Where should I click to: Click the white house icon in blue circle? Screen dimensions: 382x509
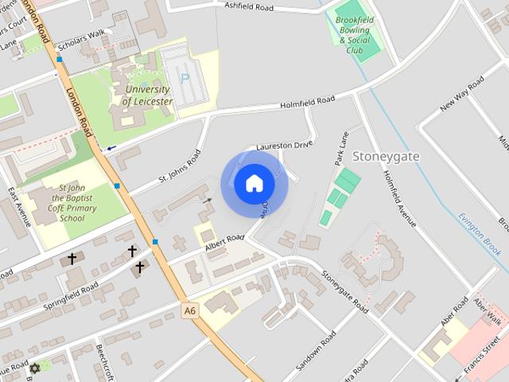coord(254,184)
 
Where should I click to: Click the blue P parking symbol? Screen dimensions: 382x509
coord(185,79)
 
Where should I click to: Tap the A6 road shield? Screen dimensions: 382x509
coord(188,310)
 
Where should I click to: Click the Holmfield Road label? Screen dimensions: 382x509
coord(308,103)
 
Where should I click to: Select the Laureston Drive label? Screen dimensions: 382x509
coord(285,146)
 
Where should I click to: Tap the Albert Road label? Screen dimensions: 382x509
coord(224,242)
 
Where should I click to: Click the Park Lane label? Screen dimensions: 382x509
coord(342,148)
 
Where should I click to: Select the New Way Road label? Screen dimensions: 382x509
coord(462,93)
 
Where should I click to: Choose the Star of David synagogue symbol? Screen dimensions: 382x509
coord(34,368)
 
